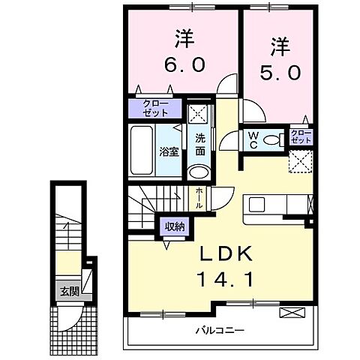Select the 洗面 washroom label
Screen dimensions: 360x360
200,144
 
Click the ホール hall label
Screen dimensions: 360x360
199,199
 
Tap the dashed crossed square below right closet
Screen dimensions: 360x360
301,161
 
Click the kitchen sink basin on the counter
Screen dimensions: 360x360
254,205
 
